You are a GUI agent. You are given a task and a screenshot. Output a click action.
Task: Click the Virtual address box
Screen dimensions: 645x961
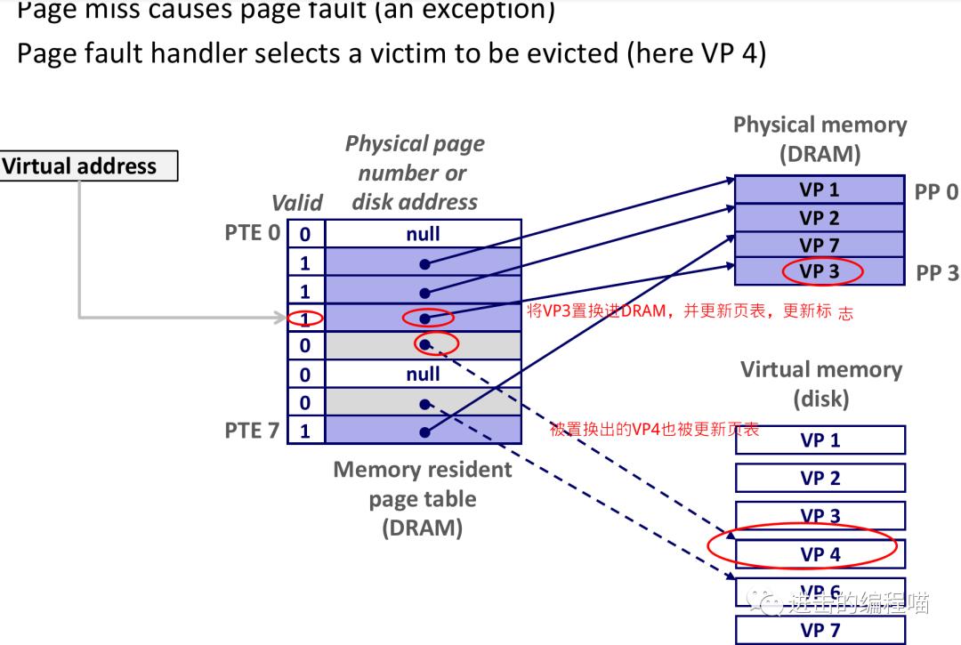(88, 166)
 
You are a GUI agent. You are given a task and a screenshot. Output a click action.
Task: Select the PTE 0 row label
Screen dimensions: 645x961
(252, 233)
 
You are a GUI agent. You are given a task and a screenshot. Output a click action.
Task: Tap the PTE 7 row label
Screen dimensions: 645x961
(252, 431)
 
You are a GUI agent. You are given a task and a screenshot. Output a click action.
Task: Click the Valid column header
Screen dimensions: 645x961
(296, 203)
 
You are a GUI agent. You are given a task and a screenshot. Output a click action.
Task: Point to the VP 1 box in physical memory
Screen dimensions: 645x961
(820, 189)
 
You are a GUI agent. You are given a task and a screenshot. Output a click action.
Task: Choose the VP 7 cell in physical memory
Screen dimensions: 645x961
(820, 245)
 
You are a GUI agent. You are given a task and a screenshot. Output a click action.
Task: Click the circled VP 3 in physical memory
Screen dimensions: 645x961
(819, 271)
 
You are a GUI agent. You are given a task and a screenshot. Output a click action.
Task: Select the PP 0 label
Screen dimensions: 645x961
(936, 192)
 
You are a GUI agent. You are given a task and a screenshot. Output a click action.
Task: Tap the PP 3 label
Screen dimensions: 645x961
(937, 273)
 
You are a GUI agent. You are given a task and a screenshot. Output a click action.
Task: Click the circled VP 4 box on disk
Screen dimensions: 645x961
(820, 554)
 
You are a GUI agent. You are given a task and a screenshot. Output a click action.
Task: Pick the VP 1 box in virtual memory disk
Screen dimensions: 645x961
(820, 440)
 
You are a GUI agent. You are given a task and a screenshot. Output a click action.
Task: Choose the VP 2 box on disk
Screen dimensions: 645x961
(820, 479)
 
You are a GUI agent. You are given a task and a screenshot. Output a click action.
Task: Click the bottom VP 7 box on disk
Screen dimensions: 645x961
(820, 630)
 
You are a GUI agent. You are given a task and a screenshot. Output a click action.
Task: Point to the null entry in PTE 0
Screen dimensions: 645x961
(423, 234)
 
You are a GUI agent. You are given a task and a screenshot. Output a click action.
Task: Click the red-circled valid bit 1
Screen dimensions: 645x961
(305, 318)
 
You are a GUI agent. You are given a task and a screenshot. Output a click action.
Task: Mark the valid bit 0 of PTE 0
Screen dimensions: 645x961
(305, 235)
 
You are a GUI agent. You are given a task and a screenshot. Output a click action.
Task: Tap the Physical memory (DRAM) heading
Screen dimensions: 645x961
(820, 139)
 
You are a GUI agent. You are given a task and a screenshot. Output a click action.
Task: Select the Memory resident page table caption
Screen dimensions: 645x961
(423, 498)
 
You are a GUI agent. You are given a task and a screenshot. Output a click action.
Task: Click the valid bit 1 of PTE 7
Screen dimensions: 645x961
(305, 431)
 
